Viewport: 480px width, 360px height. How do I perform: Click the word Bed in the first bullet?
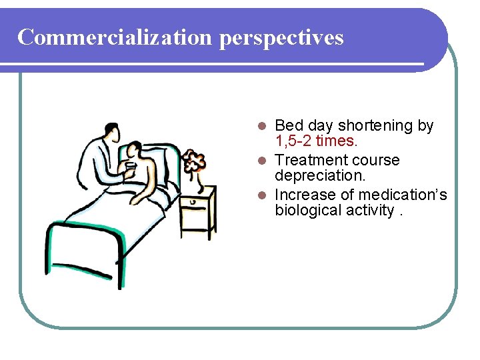pyautogui.click(x=289, y=125)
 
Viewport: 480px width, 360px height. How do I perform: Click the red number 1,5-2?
pyautogui.click(x=293, y=141)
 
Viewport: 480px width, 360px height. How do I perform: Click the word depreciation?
pyautogui.click(x=320, y=176)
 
